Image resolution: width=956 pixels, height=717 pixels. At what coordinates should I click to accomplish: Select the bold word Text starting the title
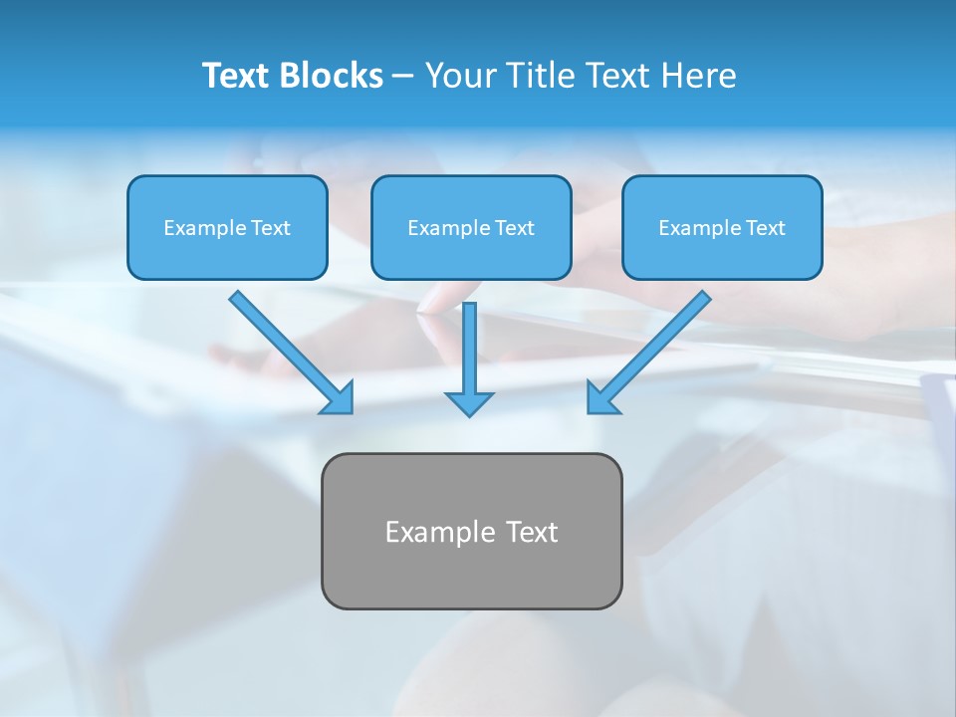tap(236, 76)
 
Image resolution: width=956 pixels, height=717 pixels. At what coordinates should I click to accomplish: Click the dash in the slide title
tap(403, 76)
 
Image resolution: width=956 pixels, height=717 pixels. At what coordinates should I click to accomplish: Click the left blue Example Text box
tap(227, 227)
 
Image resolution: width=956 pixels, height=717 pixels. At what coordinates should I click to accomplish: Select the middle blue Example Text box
tap(471, 227)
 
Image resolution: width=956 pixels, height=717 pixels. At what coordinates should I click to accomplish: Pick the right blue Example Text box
tap(722, 227)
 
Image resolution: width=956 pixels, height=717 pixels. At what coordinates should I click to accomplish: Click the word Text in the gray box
tap(532, 532)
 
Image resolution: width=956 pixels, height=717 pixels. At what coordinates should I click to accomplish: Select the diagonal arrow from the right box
tap(657, 345)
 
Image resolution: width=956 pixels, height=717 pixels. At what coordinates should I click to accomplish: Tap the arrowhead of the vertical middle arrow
tap(469, 403)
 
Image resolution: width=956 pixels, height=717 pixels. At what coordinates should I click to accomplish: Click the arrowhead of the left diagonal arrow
tap(339, 398)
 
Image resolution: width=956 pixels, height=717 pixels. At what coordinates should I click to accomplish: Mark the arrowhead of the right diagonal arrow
tap(601, 398)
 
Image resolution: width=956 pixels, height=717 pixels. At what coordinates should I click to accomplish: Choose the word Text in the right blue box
tap(765, 228)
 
